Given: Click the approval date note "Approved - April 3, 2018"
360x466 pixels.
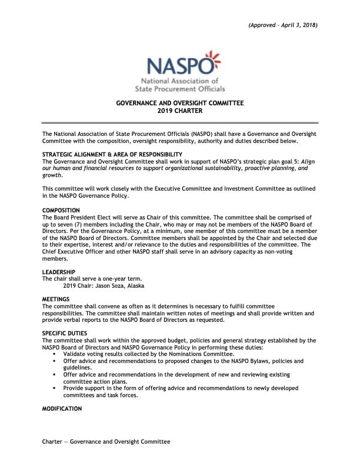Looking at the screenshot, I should pos(282,25).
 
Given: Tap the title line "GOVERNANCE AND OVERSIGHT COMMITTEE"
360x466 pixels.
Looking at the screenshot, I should pos(180,103).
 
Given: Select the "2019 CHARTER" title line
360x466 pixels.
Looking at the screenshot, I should pos(180,111).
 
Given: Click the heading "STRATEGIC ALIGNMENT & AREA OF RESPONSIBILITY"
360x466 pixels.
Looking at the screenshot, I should pos(108,154).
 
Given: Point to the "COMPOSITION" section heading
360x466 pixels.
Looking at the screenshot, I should pos(62,210).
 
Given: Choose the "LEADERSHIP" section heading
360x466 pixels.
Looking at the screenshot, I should pos(59,272).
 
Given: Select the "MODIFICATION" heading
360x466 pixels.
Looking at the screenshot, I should pos(62,408).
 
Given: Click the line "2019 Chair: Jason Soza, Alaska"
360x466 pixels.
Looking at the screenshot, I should pos(104,286).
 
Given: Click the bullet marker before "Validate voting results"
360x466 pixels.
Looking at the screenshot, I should pos(55,354).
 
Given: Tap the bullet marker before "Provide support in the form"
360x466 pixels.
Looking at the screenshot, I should pos(55,388).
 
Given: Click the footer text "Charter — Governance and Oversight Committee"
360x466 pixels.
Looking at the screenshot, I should pos(106,441).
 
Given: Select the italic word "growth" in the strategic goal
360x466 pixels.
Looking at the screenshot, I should pos(52,175).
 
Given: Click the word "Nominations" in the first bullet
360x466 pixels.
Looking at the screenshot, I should pos(184,354).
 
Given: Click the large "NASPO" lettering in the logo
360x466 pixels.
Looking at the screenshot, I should pos(175,65).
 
